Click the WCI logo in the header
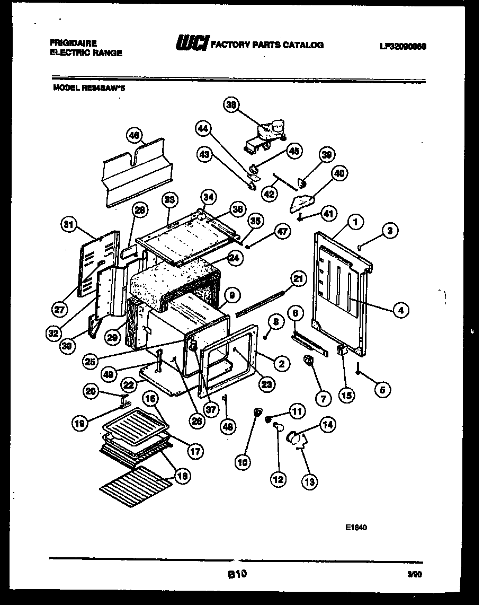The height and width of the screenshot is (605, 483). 192,44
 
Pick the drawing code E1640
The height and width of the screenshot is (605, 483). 356,528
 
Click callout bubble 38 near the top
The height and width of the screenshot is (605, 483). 230,105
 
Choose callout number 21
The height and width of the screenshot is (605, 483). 299,278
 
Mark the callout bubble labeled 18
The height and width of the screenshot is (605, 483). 181,476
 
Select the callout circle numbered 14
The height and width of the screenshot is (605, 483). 328,425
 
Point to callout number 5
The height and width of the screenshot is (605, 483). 382,390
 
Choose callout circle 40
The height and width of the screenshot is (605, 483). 339,173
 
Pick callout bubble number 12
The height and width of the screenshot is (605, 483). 278,480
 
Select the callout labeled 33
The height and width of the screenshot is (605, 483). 169,200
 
